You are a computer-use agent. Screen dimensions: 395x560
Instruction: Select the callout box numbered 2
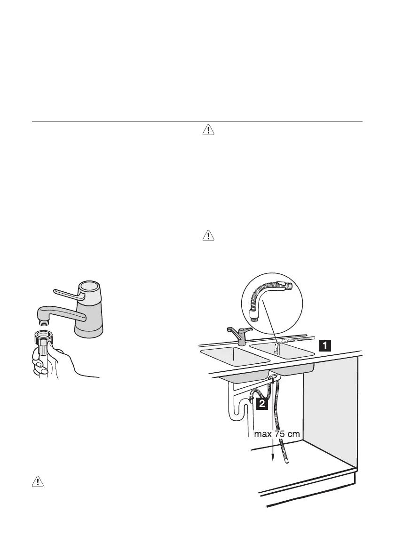(x=263, y=404)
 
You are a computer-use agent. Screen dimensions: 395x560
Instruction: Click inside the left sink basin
(x=233, y=356)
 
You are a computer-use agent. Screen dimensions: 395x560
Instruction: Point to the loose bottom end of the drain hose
(x=287, y=462)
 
